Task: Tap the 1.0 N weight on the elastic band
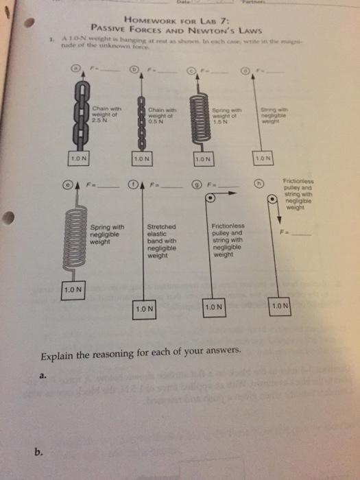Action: [143, 309]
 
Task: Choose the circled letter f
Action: [135, 184]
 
